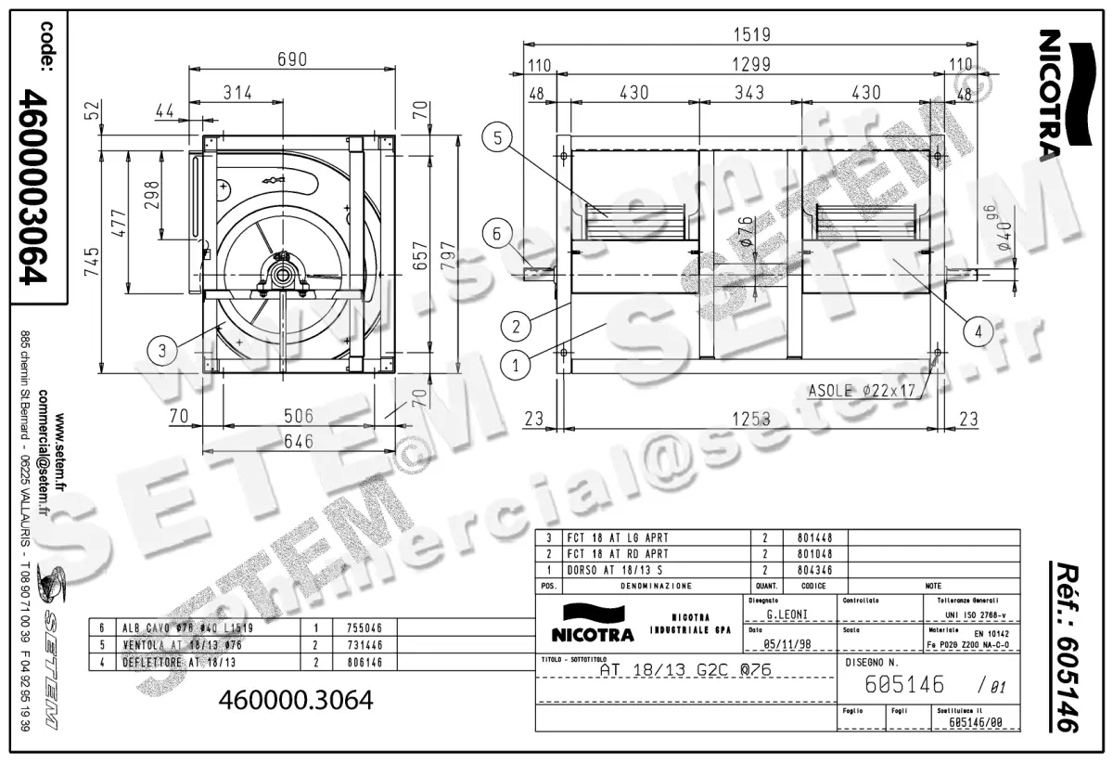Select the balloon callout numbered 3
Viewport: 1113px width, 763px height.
(162, 350)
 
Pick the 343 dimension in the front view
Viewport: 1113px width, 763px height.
(748, 93)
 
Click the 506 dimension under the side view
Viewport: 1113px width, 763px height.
(299, 416)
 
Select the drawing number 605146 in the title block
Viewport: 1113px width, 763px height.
(903, 685)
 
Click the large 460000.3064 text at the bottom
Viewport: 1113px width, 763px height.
(294, 700)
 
